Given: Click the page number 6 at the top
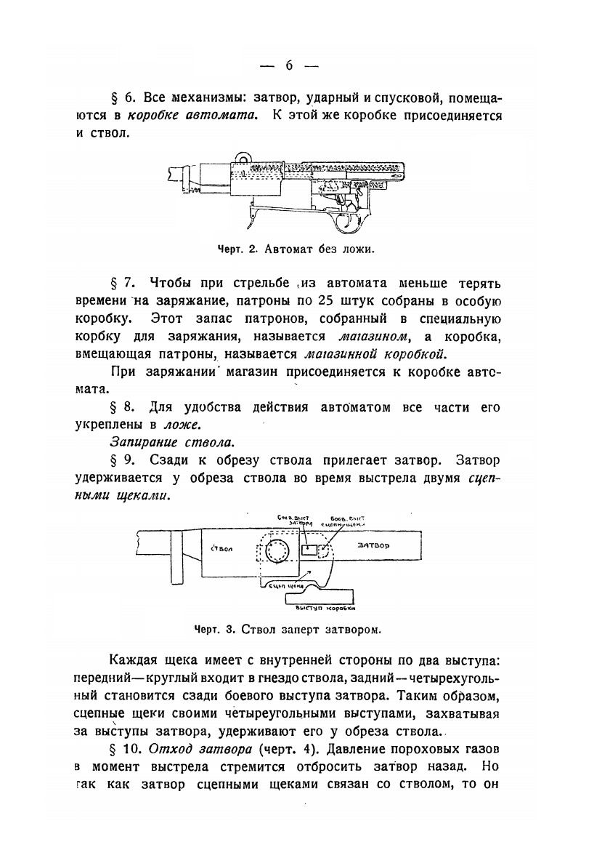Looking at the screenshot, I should click(x=288, y=65).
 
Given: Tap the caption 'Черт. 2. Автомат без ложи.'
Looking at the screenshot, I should click(x=296, y=249).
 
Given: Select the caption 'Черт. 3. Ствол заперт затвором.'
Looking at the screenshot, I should click(x=288, y=628).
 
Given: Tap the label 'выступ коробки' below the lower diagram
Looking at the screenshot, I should click(x=324, y=608).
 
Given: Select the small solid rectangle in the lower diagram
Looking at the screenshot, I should click(x=309, y=552).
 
